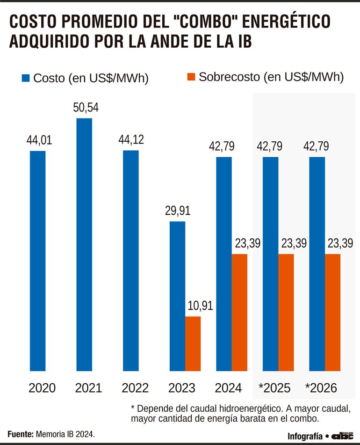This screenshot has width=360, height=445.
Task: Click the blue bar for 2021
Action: pos(84,244)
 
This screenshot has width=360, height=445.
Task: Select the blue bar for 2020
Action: pos(37,261)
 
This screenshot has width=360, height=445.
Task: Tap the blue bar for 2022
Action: pos(131,261)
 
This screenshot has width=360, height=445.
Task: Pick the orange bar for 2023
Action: pos(193,343)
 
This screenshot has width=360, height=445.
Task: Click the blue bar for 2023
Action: pos(177,296)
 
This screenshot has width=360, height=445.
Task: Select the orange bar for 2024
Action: pos(239,312)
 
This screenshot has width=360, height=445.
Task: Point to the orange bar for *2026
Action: pos(333,312)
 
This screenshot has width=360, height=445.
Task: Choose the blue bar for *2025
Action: pos(271,264)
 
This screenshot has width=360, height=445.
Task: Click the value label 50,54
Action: pos(86,108)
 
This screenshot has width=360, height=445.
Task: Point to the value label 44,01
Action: pos(39,140)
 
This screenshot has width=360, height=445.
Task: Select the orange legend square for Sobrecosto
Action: pos(191,78)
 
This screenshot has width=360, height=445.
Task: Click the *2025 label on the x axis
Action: pos(274,388)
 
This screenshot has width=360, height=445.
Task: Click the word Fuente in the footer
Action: pos(20,434)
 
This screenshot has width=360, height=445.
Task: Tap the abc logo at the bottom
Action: pos(343,435)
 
